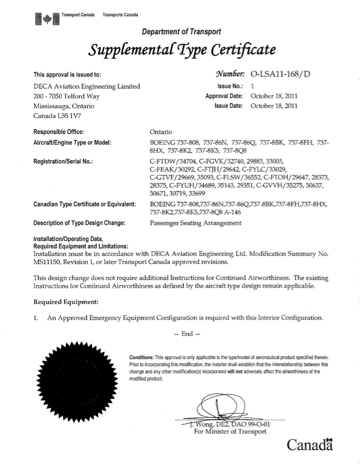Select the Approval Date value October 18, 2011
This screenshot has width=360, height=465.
click(x=274, y=96)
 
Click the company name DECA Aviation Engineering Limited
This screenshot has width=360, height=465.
click(x=87, y=87)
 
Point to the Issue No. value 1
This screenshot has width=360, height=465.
click(x=252, y=86)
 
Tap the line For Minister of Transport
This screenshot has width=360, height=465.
click(x=230, y=431)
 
